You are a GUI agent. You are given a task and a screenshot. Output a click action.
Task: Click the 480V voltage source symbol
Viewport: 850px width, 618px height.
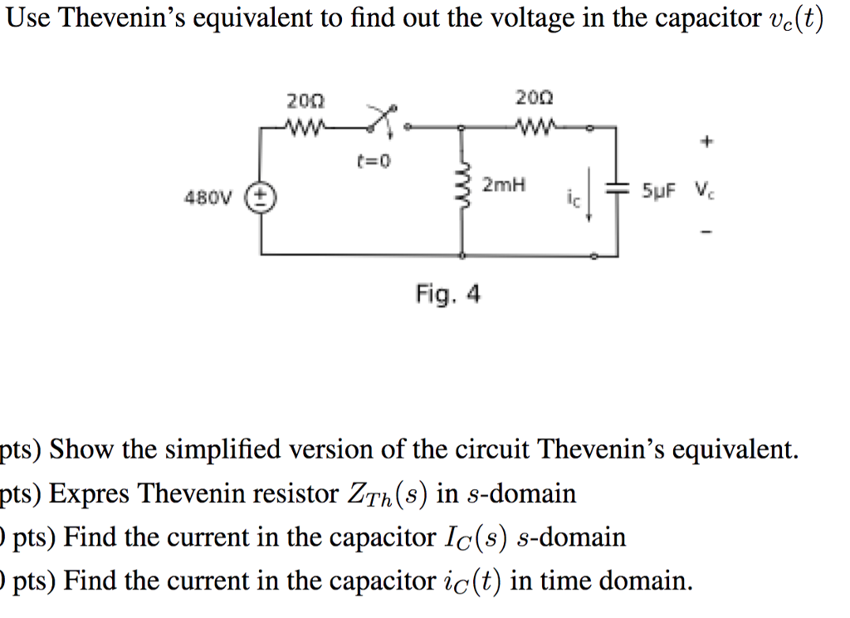click(x=264, y=197)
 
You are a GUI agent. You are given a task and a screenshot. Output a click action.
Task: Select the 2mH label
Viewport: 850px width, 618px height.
click(x=505, y=184)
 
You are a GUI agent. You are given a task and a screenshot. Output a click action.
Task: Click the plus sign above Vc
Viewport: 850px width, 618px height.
click(x=706, y=143)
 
